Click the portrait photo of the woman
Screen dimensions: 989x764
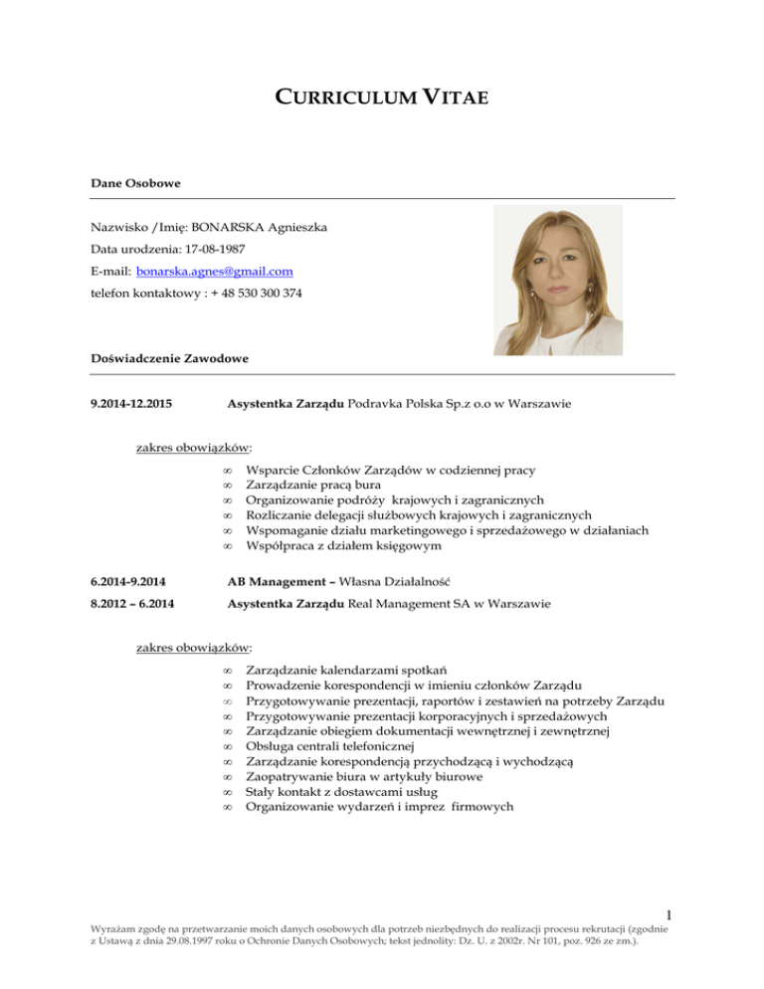click(558, 280)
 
